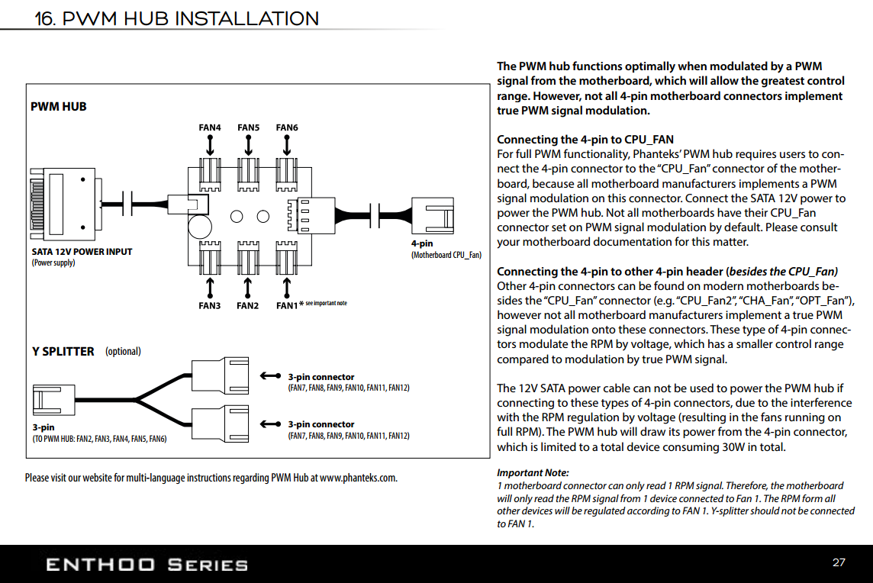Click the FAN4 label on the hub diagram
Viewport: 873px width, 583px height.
(x=210, y=127)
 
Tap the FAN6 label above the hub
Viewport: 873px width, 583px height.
(x=287, y=127)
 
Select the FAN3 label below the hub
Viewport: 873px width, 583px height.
(x=210, y=306)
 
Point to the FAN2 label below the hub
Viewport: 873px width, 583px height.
(x=248, y=306)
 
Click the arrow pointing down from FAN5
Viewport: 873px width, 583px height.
(x=249, y=144)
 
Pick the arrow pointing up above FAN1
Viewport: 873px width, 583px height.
(x=286, y=287)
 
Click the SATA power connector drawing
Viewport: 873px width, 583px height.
(x=66, y=203)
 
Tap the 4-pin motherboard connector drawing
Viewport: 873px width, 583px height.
(x=433, y=214)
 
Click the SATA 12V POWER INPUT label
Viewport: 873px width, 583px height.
(x=82, y=252)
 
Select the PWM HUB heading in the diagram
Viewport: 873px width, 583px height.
(x=59, y=107)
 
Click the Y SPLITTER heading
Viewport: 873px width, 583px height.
(x=63, y=352)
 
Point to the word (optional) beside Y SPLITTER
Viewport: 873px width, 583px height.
(x=123, y=352)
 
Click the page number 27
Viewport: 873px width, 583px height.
(x=839, y=563)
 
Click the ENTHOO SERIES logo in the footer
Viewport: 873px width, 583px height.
(x=147, y=565)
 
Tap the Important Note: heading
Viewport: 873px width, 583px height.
(x=533, y=473)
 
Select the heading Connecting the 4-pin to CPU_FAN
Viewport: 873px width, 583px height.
(x=585, y=140)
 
